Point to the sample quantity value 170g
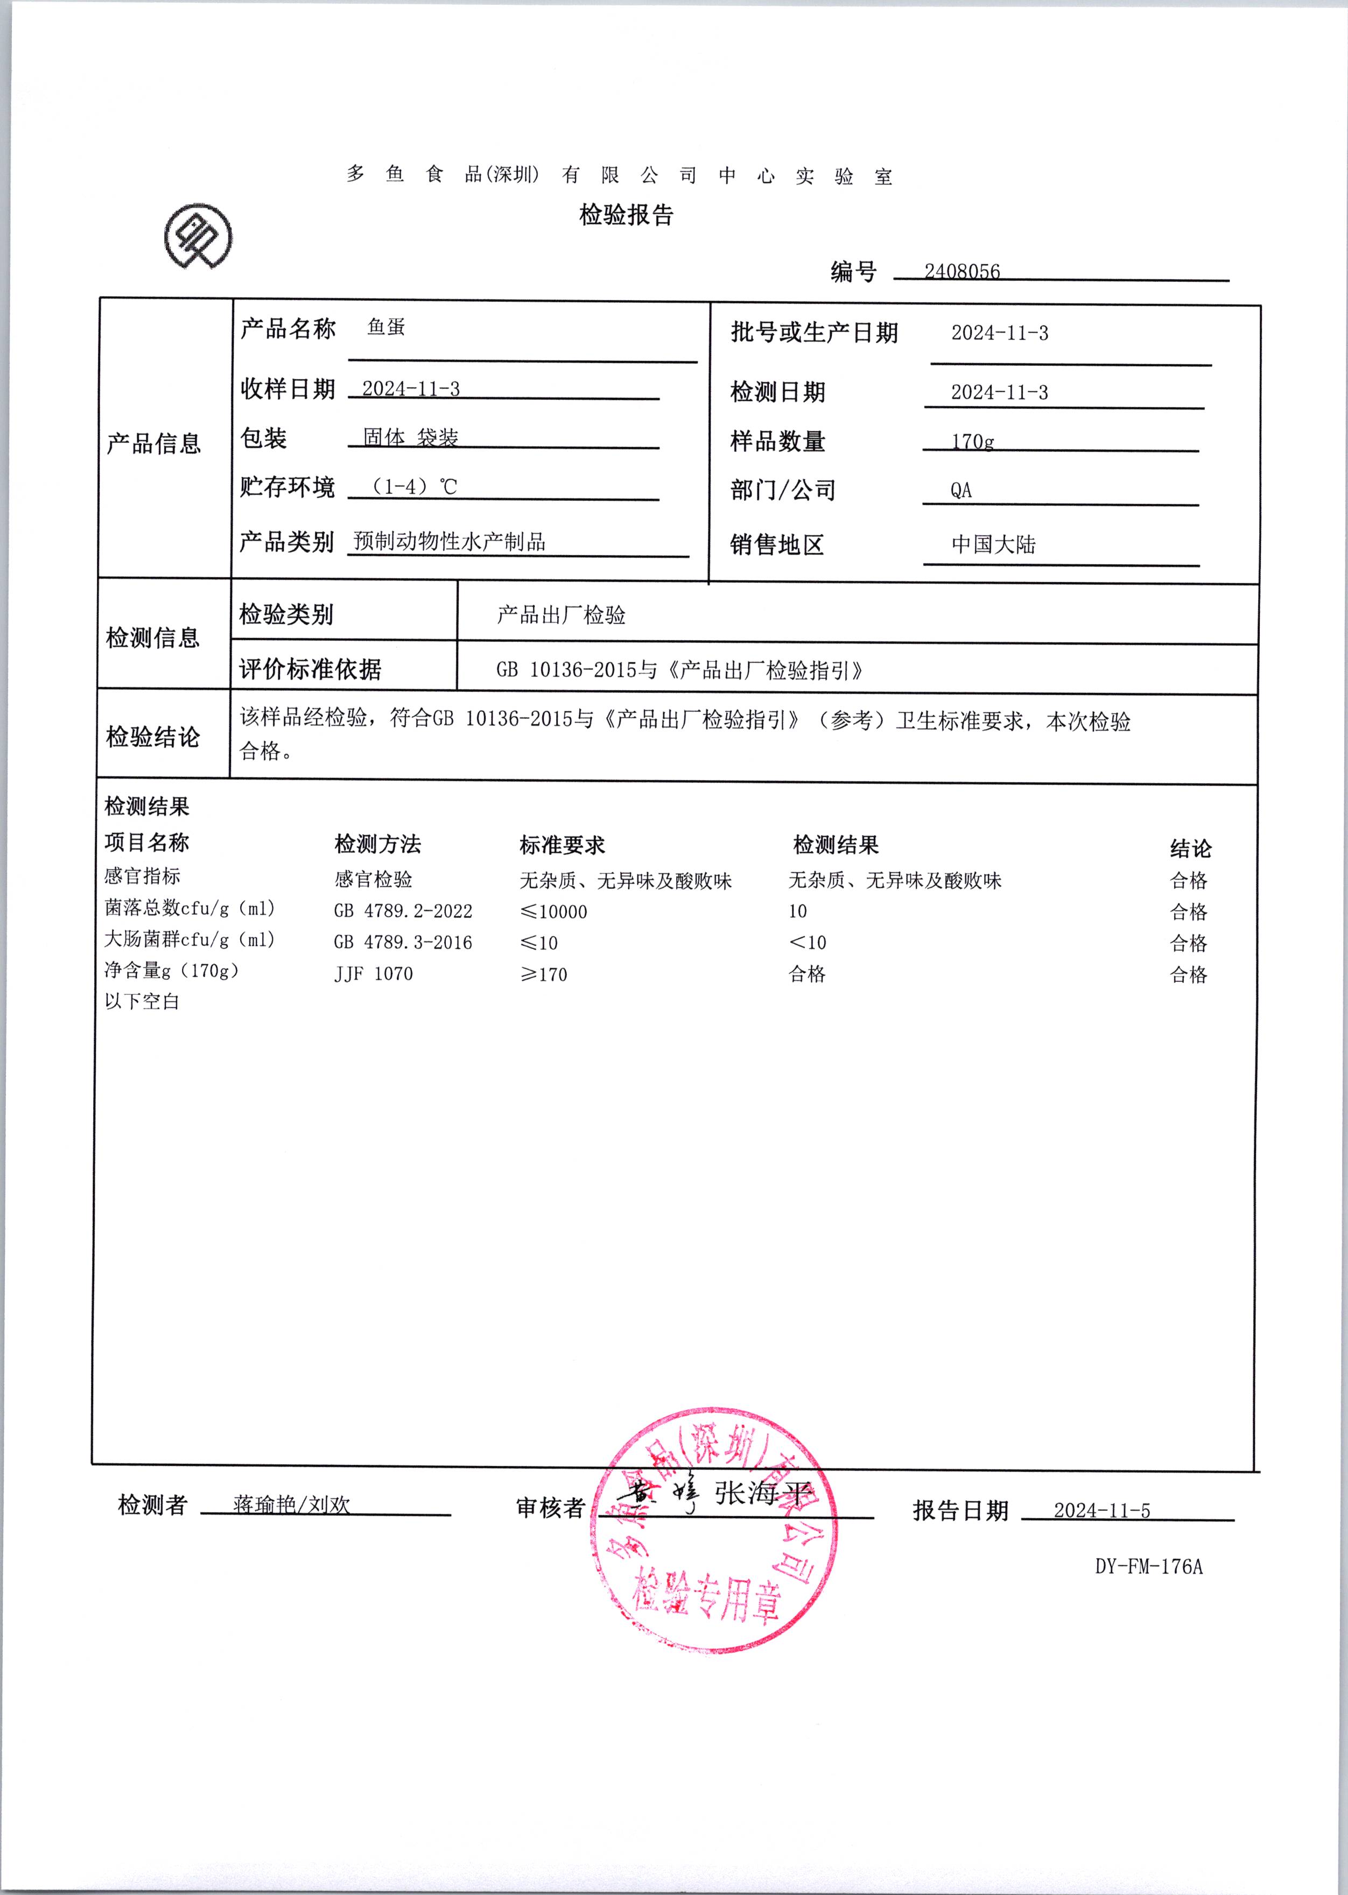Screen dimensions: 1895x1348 pyautogui.click(x=972, y=441)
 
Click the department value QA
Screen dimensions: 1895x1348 pyautogui.click(x=960, y=490)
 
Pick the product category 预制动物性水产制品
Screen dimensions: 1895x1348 pyautogui.click(x=449, y=542)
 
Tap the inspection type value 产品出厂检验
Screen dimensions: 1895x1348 pyautogui.click(x=560, y=615)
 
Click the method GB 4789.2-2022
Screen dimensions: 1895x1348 pyautogui.click(x=403, y=911)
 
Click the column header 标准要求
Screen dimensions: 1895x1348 pyautogui.click(x=562, y=845)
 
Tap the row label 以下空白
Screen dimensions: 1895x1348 pyautogui.click(x=142, y=1001)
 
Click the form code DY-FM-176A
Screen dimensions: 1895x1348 pyautogui.click(x=1148, y=1566)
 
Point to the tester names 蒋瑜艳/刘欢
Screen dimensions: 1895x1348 pyautogui.click(x=291, y=1505)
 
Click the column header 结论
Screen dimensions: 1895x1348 pyautogui.click(x=1190, y=848)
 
